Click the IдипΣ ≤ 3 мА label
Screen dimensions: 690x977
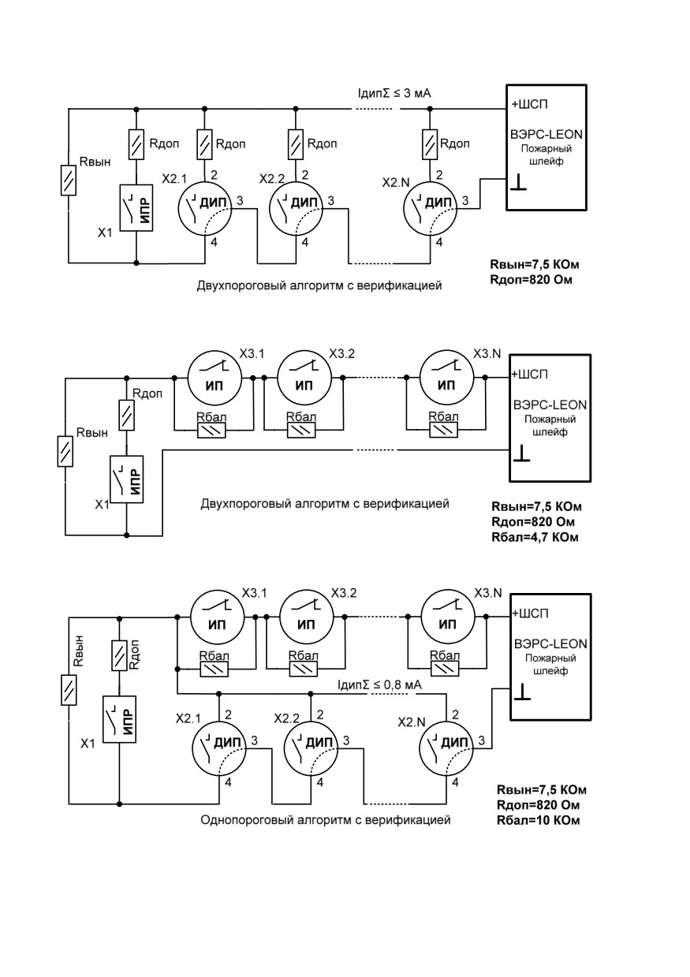393,93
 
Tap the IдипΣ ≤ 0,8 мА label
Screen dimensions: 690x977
379,684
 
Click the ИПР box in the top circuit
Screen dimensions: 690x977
136,207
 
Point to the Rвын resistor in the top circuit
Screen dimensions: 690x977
68,180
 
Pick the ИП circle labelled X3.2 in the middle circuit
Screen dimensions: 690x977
304,378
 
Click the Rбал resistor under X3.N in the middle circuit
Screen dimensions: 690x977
443,431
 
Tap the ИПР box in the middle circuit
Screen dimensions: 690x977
126,479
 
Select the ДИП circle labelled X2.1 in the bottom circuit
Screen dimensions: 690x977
219,748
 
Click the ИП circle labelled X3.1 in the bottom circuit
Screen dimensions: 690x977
217,617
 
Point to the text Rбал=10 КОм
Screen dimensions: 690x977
539,820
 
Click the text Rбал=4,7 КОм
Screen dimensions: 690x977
535,536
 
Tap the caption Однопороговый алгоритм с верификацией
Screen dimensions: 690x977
326,820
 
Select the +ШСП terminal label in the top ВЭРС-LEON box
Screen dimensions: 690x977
529,104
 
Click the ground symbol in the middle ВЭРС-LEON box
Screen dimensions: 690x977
521,453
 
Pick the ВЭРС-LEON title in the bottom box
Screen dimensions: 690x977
550,643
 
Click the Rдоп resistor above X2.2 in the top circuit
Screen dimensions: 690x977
295,144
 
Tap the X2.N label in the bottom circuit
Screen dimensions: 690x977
412,722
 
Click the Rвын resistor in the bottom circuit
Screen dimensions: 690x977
69,689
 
